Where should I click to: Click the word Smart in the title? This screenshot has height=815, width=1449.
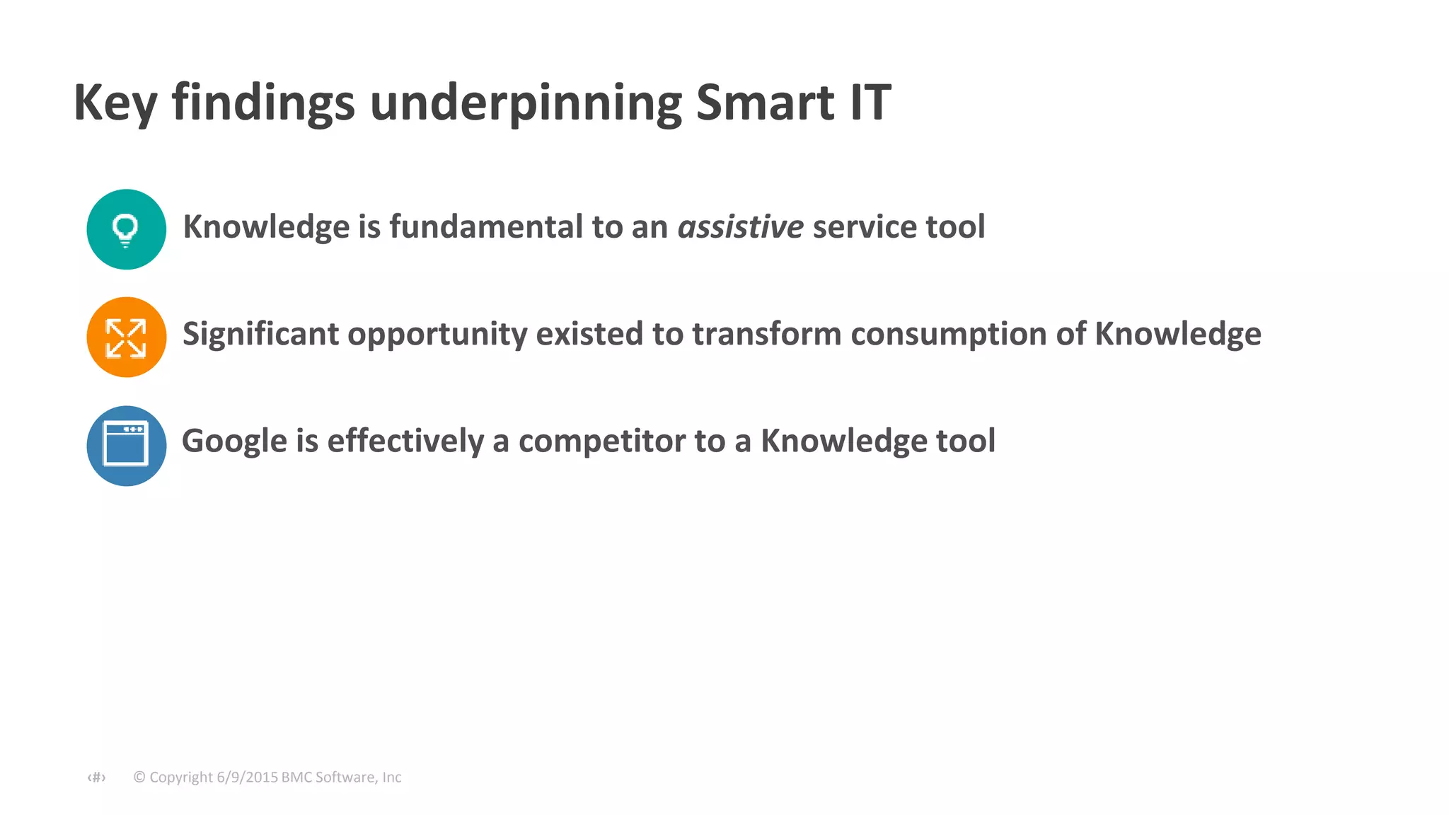(765, 103)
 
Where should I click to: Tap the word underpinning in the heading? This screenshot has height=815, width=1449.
(525, 103)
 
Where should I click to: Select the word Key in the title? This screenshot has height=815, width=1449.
(115, 103)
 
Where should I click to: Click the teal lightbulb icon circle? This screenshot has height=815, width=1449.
(127, 229)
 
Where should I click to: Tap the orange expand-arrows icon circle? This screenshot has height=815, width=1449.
(127, 337)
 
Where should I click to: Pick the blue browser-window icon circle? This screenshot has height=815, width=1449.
(127, 446)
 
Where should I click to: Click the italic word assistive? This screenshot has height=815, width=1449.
(740, 227)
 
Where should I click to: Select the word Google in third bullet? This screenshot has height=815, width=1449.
(234, 441)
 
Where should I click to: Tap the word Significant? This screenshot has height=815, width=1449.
(260, 334)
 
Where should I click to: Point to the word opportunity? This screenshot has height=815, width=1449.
(437, 334)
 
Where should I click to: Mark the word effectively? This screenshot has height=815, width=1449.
(405, 441)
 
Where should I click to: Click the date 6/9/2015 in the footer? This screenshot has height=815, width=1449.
(247, 777)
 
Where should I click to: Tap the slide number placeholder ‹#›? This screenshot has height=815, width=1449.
(96, 778)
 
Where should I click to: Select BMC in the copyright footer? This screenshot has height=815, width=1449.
(296, 777)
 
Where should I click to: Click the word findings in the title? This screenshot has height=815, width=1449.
(263, 103)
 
